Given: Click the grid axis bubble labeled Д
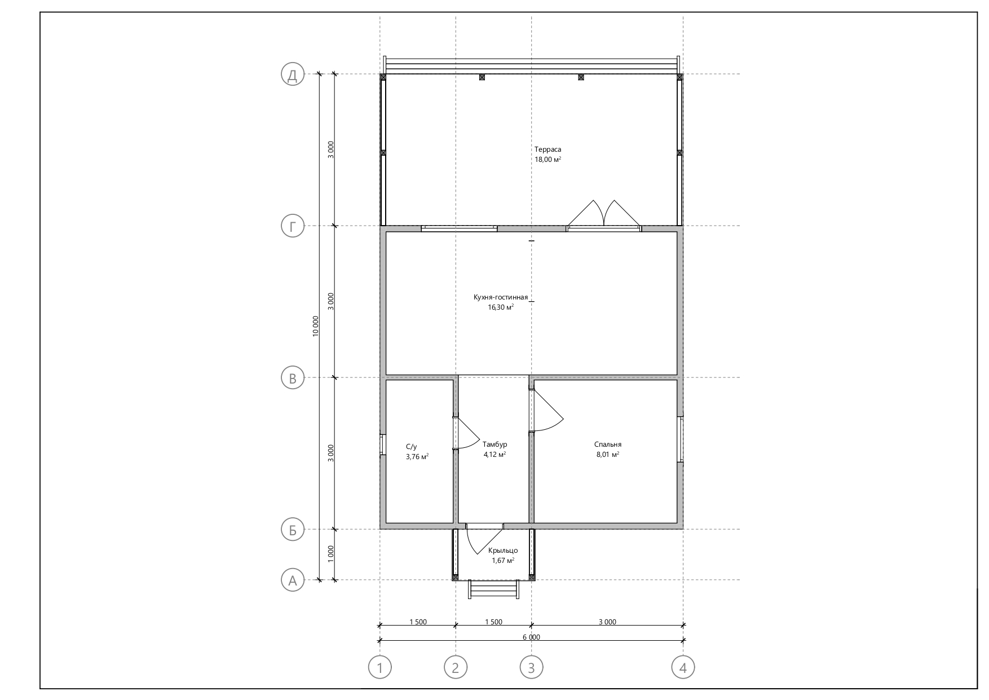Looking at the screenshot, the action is (293, 74).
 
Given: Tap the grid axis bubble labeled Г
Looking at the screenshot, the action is (293, 226).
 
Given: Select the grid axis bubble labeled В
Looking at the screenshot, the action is (293, 378).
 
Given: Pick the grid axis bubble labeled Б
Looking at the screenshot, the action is (293, 530).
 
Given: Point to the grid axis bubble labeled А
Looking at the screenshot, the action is (293, 580).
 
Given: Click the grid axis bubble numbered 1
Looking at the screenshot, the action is (380, 668).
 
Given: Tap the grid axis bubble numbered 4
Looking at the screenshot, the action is (683, 668).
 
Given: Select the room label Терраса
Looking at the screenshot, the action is (548, 149).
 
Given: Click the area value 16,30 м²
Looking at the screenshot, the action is (501, 307).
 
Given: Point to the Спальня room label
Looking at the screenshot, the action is (608, 444).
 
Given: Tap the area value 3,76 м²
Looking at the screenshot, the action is (417, 457).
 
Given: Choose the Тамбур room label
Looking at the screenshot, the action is (494, 444).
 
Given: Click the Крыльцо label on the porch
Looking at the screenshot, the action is (503, 551).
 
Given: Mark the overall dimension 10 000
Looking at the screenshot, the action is (316, 327).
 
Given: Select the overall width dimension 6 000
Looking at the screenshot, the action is (531, 637).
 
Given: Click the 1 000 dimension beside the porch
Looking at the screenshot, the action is (331, 554).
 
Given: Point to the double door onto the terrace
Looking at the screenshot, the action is (604, 215).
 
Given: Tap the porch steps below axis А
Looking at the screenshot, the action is (494, 589).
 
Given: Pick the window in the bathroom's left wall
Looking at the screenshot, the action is (382, 444).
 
